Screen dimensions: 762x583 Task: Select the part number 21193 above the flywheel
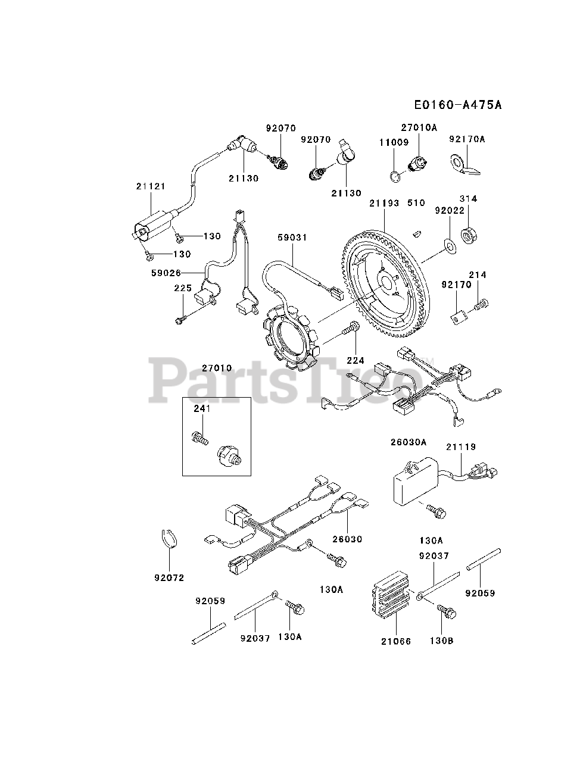tap(384, 203)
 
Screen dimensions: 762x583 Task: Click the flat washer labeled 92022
tap(448, 244)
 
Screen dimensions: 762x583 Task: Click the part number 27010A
tap(419, 127)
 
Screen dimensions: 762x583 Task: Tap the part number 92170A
tap(467, 139)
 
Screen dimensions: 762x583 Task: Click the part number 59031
tap(292, 238)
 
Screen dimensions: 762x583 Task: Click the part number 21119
tap(462, 446)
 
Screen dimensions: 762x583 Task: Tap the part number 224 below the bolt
tap(355, 360)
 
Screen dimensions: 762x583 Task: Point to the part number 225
tap(182, 288)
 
